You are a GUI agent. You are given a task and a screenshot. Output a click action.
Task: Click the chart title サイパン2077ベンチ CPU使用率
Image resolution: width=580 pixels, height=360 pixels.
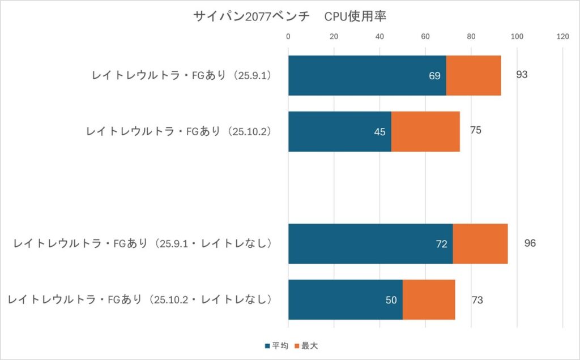(289, 17)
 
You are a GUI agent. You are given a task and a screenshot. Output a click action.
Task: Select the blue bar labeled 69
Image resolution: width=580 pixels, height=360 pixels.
(367, 75)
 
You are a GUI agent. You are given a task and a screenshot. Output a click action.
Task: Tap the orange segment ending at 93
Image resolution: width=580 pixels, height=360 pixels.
(474, 75)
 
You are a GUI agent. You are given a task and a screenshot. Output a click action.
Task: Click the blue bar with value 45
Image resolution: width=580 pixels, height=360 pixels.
(339, 131)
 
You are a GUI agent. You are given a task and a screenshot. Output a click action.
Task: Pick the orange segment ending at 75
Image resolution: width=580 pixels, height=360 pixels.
(425, 131)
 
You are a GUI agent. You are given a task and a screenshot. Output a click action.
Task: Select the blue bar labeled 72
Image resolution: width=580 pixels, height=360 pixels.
(370, 244)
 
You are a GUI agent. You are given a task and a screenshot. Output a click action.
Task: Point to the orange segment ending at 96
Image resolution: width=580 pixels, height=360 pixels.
(480, 244)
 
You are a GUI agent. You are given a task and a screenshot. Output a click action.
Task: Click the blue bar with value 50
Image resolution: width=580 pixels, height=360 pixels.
(345, 300)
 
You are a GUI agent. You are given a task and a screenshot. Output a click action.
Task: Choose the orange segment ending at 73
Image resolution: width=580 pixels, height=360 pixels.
(429, 300)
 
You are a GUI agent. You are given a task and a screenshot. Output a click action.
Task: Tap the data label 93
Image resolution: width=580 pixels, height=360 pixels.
(522, 75)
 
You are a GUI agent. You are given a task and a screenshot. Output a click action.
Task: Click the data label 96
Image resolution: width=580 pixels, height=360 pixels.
(530, 244)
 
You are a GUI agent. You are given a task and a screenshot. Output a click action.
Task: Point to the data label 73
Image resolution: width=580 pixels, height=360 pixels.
(477, 300)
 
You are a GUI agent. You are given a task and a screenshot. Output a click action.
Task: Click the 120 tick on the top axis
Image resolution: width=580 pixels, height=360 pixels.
(562, 37)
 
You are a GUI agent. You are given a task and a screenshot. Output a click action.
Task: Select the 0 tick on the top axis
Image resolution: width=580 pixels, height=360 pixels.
(288, 37)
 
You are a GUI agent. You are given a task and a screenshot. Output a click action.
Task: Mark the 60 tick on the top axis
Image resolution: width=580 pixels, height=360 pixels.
(425, 37)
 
